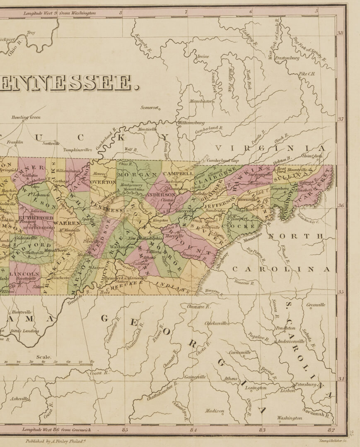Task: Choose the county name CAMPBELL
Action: [180, 173]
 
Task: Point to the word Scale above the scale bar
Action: [44, 357]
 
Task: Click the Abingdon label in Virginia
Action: [312, 156]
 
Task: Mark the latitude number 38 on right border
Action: [340, 33]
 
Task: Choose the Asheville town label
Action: [19, 399]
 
